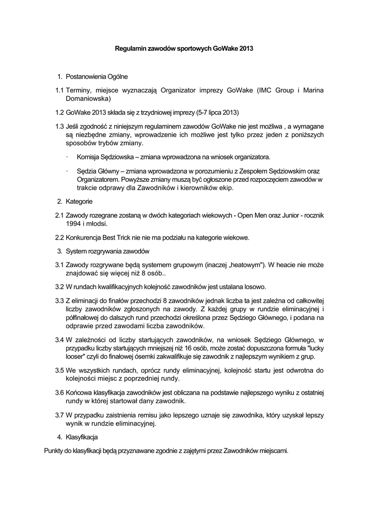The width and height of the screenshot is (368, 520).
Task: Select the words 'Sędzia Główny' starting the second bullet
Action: (97, 171)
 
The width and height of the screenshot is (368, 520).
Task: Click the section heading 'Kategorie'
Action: (79, 202)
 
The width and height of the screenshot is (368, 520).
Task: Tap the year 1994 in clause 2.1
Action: (74, 223)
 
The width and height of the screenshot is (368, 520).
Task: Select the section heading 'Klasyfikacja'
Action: (81, 437)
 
